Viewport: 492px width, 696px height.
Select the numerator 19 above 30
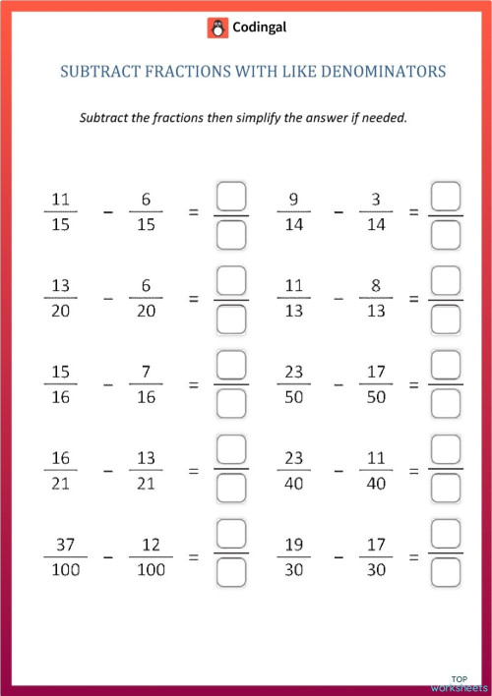click(294, 545)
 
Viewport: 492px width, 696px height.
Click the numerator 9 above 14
click(293, 199)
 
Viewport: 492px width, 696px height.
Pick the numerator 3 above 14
click(375, 199)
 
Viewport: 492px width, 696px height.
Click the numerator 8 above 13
click(375, 285)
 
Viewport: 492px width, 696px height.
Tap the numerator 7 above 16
click(146, 372)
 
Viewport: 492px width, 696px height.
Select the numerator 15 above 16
click(61, 372)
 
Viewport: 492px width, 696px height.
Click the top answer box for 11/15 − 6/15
click(230, 197)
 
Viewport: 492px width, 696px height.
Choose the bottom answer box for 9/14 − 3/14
click(446, 235)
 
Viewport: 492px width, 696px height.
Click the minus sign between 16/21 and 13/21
click(108, 471)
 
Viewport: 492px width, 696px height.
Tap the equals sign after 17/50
click(413, 384)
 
